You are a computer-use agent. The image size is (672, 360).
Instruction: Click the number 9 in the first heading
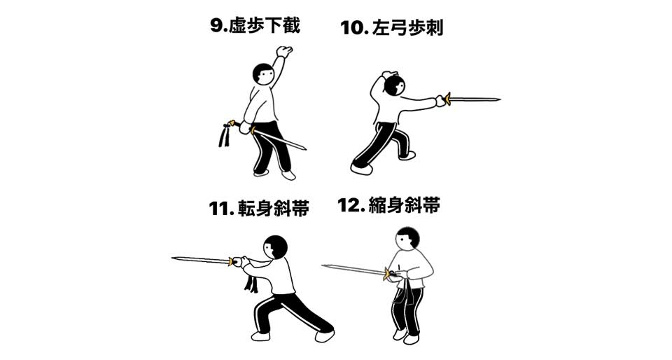(216, 25)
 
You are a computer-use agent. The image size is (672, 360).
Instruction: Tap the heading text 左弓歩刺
(407, 27)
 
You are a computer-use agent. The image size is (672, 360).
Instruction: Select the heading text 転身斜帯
(273, 208)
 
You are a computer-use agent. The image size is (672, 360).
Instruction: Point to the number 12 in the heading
(350, 205)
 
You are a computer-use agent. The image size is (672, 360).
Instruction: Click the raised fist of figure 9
(284, 51)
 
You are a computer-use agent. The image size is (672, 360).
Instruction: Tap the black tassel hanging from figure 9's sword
(225, 135)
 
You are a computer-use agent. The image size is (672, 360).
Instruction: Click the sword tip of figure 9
(305, 148)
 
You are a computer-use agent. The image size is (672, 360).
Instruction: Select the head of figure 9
(263, 74)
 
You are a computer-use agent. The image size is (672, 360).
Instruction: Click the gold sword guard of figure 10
(447, 99)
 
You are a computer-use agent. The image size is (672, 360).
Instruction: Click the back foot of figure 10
(361, 168)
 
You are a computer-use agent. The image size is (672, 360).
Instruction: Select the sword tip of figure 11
(174, 258)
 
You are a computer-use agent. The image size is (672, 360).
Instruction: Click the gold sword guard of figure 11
(232, 261)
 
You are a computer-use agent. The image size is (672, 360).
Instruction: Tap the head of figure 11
(276, 247)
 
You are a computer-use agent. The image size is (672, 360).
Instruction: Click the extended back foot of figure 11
(324, 335)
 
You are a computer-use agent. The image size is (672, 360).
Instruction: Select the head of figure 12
(407, 238)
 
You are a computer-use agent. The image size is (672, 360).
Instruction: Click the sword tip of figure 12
(324, 266)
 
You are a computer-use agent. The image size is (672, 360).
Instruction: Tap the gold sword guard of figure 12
(387, 273)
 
